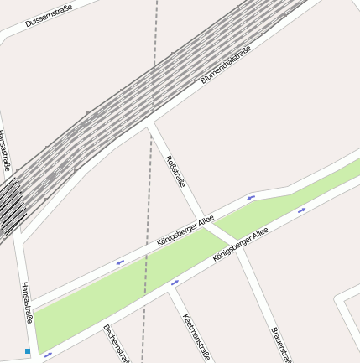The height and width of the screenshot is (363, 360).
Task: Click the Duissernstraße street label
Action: tap(49, 16)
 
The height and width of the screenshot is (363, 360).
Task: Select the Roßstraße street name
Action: tap(175, 171)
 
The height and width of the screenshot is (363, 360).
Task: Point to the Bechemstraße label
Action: tap(117, 344)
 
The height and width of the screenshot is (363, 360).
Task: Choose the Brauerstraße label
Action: tap(281, 345)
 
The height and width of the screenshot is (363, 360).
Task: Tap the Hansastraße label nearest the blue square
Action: tap(27, 302)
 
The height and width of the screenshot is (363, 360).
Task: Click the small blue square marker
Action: tap(28, 351)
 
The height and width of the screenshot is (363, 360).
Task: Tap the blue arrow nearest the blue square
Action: tap(48, 355)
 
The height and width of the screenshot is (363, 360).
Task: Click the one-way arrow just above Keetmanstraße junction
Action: tap(175, 283)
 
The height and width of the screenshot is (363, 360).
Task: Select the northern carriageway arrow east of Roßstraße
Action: tap(251, 197)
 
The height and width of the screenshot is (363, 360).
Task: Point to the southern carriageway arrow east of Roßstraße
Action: tap(301, 210)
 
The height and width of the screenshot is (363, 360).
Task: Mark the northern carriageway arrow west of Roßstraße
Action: tap(120, 262)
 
